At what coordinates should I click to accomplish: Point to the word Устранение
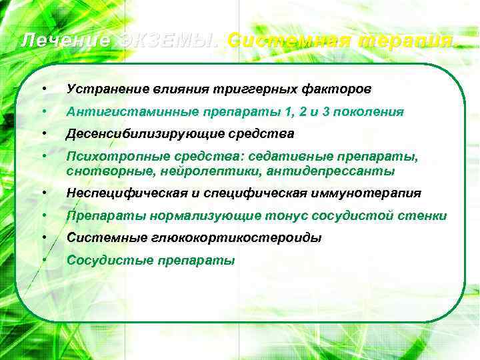click(x=103, y=89)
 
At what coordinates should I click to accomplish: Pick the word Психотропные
click(x=110, y=157)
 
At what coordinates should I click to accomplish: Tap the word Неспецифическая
click(x=121, y=193)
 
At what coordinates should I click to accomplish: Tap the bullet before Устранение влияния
click(x=42, y=89)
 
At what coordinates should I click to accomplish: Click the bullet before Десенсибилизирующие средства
click(x=42, y=134)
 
